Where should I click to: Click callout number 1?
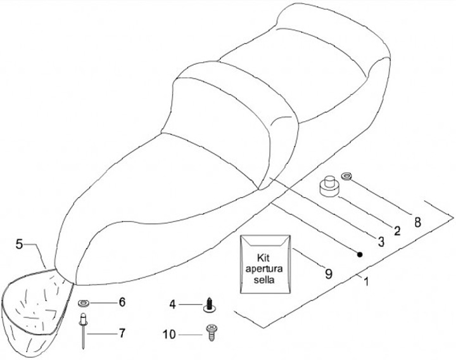click(x=365, y=281)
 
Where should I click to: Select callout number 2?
click(x=397, y=231)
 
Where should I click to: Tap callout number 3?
click(x=381, y=241)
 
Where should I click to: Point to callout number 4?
click(x=172, y=305)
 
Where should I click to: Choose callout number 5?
click(x=20, y=243)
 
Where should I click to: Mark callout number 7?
click(x=122, y=331)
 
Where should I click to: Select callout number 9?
click(x=328, y=274)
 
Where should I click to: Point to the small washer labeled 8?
click(x=348, y=175)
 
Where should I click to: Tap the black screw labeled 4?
click(x=208, y=305)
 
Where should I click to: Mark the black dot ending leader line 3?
click(x=360, y=254)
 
